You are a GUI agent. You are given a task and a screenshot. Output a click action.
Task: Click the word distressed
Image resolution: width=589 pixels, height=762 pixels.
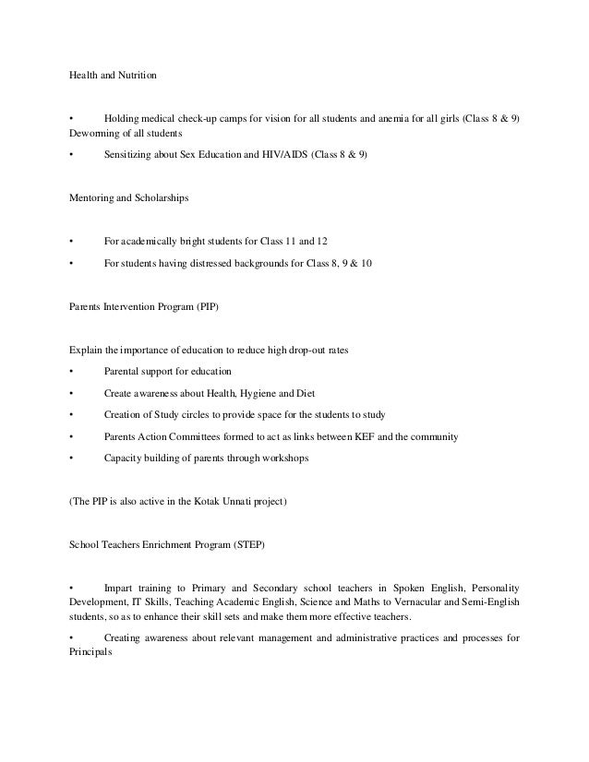229,264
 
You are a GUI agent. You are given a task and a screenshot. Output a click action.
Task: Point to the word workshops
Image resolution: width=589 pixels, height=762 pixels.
283,458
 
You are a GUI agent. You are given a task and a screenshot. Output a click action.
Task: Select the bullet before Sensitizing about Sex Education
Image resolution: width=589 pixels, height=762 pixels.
71,154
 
